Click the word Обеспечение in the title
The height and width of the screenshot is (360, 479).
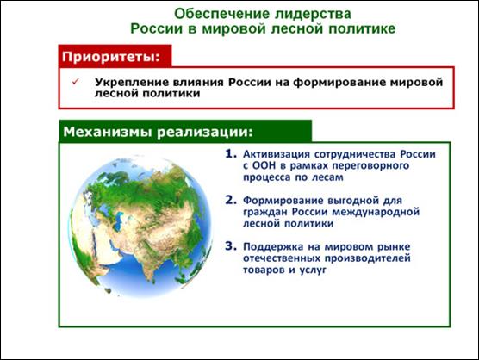click(x=221, y=14)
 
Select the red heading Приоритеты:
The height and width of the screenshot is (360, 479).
click(x=111, y=57)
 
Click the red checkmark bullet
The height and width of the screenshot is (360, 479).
click(x=76, y=82)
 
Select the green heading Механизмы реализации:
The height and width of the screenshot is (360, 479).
click(x=158, y=132)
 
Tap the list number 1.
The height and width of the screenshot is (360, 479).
click(x=231, y=153)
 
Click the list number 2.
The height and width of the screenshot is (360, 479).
click(x=231, y=200)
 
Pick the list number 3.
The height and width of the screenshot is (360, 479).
click(x=231, y=246)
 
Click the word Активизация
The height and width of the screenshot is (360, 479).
click(x=277, y=154)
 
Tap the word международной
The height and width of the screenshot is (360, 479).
click(x=376, y=212)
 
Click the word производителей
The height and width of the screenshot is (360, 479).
click(x=367, y=258)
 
